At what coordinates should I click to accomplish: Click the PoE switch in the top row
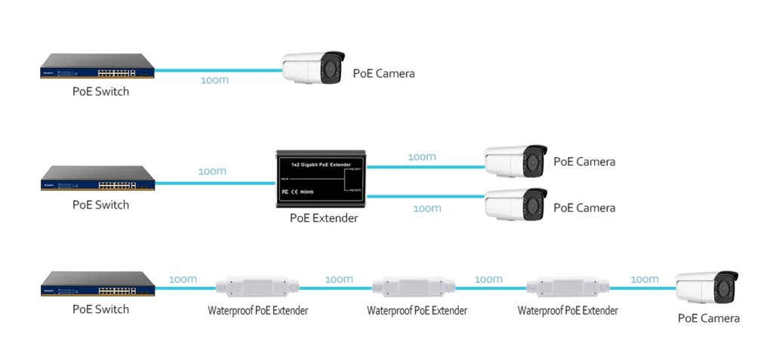coord(98,66)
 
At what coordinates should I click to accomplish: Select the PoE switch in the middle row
coord(98,179)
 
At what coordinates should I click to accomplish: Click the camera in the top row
coord(313,68)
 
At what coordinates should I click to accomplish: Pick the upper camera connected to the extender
coord(515,160)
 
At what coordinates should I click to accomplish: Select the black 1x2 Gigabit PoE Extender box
coord(320,180)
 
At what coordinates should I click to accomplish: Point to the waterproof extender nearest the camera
coord(568,287)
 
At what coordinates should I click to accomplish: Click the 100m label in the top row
coord(214,80)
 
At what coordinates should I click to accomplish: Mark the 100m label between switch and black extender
coord(212,171)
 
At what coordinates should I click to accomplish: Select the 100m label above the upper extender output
coord(421,157)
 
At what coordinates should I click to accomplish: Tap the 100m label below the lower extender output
coord(427,208)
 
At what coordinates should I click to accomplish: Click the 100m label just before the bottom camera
coord(644,279)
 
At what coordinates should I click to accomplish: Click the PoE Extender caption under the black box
coord(324,219)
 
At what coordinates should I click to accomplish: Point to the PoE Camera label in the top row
coord(383,74)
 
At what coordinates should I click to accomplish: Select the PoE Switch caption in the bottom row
coord(100,309)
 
